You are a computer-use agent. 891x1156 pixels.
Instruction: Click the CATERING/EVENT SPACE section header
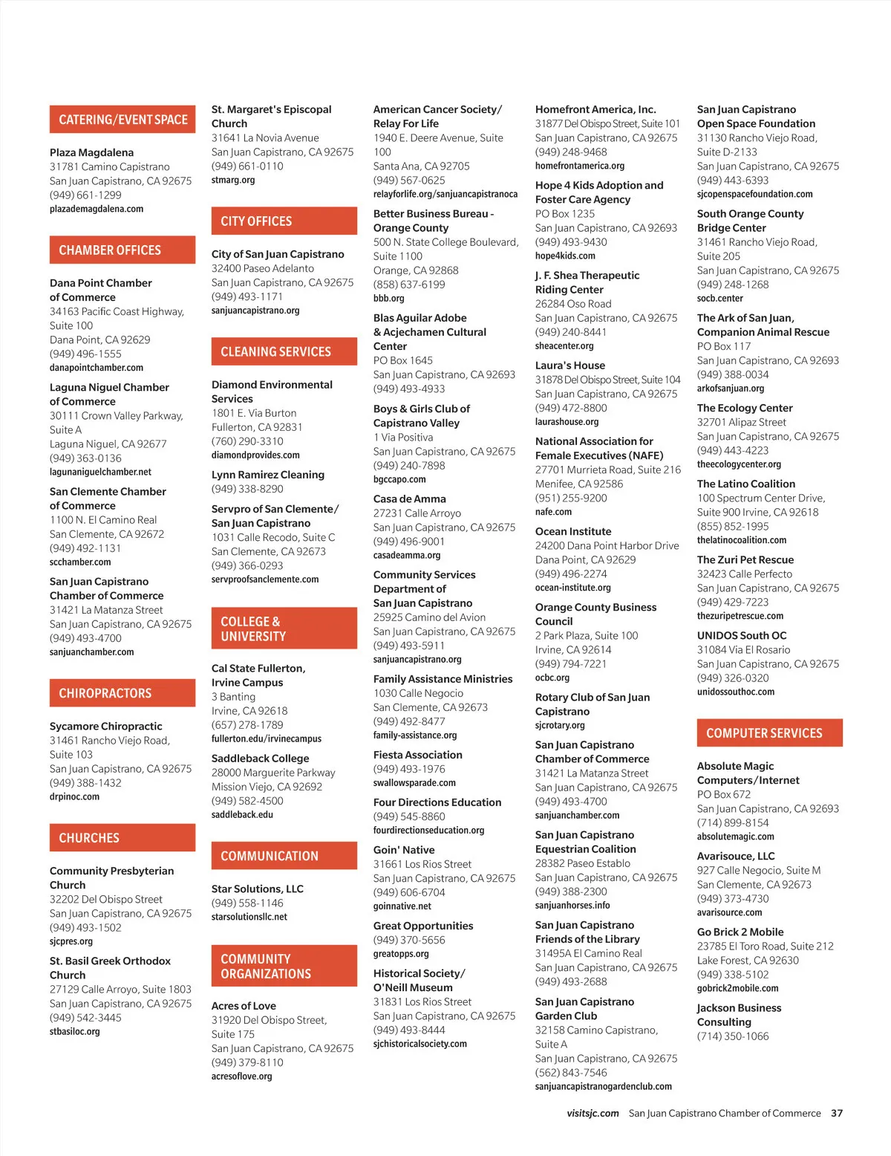pyautogui.click(x=123, y=120)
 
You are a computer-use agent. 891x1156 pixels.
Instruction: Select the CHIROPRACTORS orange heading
pyautogui.click(x=123, y=693)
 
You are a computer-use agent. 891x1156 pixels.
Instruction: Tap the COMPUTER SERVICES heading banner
pyautogui.click(x=769, y=733)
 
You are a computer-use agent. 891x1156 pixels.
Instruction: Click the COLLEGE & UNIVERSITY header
pyautogui.click(x=284, y=629)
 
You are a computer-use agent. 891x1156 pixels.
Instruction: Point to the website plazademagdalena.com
pyautogui.click(x=97, y=210)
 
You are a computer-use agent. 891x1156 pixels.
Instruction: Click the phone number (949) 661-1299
pyautogui.click(x=85, y=195)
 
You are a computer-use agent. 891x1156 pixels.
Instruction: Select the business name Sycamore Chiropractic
pyautogui.click(x=105, y=727)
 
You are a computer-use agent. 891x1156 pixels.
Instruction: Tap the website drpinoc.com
pyautogui.click(x=74, y=797)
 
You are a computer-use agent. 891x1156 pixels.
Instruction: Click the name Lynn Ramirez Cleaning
pyautogui.click(x=267, y=475)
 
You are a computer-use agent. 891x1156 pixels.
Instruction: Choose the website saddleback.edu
pyautogui.click(x=242, y=815)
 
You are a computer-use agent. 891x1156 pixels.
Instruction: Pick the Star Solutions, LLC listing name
pyautogui.click(x=257, y=889)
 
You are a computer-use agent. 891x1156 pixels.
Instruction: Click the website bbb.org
pyautogui.click(x=388, y=299)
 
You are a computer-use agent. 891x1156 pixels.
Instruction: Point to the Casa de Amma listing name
pyautogui.click(x=409, y=499)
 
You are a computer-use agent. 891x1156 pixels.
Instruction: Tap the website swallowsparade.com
pyautogui.click(x=414, y=783)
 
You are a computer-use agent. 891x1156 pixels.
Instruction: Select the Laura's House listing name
pyautogui.click(x=569, y=366)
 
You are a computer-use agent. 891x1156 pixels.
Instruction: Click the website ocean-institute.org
pyautogui.click(x=572, y=588)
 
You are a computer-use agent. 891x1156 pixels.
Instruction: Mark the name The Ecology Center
pyautogui.click(x=744, y=408)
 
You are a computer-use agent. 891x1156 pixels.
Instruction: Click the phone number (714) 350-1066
pyautogui.click(x=732, y=1036)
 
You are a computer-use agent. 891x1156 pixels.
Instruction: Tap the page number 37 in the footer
pyautogui.click(x=837, y=1114)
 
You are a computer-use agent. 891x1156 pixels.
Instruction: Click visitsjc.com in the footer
pyautogui.click(x=593, y=1114)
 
